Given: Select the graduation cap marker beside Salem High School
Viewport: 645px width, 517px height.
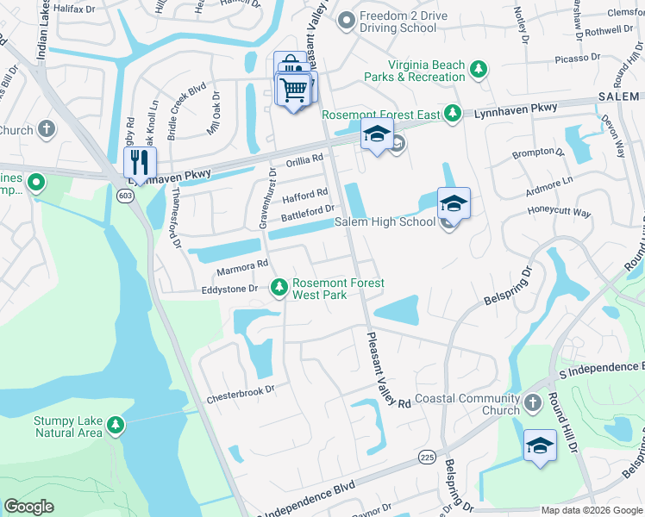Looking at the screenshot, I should (x=454, y=204).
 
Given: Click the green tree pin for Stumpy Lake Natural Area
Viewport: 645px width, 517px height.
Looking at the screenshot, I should (x=116, y=424).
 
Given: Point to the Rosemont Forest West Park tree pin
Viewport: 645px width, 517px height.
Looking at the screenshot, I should (x=279, y=286).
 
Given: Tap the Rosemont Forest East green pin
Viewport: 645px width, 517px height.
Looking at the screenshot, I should (x=452, y=114).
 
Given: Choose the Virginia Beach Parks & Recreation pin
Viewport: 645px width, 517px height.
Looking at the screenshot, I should (x=477, y=68).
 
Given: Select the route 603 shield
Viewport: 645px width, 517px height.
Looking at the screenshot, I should (x=126, y=196).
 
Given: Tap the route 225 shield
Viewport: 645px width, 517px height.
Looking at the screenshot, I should (x=426, y=455).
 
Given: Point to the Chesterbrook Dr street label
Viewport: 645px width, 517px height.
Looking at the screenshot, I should (x=240, y=389).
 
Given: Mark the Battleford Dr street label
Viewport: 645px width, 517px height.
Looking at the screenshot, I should (x=308, y=209).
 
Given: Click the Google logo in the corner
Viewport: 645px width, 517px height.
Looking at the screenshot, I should (x=29, y=506).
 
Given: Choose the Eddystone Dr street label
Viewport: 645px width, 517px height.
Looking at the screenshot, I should (x=229, y=290).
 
